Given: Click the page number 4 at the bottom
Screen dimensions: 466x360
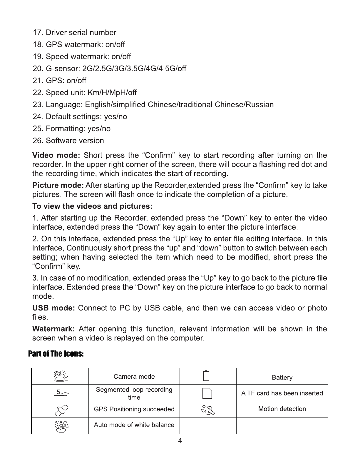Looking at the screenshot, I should click(x=180, y=440).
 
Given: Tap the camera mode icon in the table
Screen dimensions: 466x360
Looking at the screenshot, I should click(x=61, y=376).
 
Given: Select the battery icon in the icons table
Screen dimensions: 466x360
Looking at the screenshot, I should click(x=207, y=376).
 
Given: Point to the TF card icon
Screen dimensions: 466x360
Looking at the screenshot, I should click(x=207, y=393).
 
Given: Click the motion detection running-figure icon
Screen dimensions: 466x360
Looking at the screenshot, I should click(x=208, y=410).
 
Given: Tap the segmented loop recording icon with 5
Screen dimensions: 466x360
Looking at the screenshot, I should click(x=62, y=392).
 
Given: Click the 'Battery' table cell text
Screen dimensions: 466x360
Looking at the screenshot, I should click(x=282, y=378).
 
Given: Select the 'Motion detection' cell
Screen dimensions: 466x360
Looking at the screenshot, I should click(x=282, y=409).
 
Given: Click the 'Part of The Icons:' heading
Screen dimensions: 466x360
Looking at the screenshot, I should click(x=56, y=353).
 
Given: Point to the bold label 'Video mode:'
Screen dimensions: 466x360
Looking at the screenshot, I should click(x=56, y=155).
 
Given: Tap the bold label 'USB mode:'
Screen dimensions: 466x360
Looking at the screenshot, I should click(x=53, y=308).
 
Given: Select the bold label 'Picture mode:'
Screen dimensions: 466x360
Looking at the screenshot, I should click(x=58, y=185).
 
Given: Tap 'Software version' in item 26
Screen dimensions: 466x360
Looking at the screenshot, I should click(x=75, y=141).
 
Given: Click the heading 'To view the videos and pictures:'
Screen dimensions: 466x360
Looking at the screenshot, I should click(x=92, y=206).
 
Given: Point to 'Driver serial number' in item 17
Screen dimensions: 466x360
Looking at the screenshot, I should click(x=81, y=32).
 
